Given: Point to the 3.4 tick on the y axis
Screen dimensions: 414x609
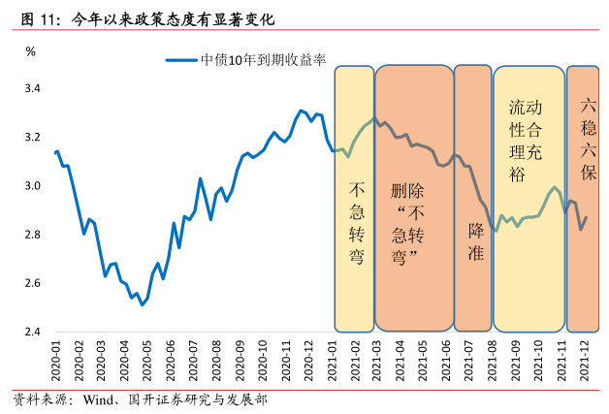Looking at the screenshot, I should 32,89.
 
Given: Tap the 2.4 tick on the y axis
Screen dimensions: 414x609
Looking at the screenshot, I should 32,332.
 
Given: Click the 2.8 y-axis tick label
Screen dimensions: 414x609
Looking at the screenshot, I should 32,235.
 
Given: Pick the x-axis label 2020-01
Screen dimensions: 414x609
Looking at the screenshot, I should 55,362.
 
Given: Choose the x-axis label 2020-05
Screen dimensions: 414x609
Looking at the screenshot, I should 148,362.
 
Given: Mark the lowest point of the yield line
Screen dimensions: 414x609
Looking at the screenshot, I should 143,304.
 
